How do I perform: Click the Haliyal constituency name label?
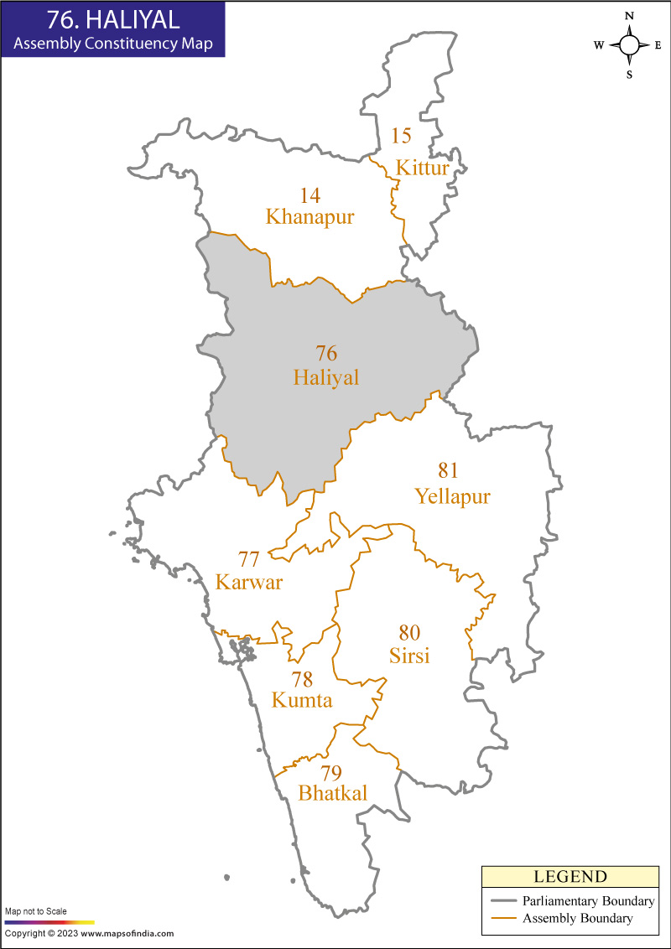click(325, 378)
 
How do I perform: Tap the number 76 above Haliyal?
click(326, 353)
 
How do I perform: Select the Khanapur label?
click(309, 217)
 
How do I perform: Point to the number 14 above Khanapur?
click(310, 195)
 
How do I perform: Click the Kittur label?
click(423, 168)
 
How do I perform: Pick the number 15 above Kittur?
click(401, 136)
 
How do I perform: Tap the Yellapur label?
click(452, 496)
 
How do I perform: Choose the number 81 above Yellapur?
click(449, 470)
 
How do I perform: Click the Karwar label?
click(249, 582)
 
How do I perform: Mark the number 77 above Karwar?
click(249, 558)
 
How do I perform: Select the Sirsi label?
click(409, 656)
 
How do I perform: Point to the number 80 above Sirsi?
click(409, 632)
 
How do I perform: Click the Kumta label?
click(302, 700)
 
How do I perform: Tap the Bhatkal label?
click(333, 793)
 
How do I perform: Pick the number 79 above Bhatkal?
click(331, 772)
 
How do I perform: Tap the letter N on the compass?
click(629, 16)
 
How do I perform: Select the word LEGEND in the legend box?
click(570, 877)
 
